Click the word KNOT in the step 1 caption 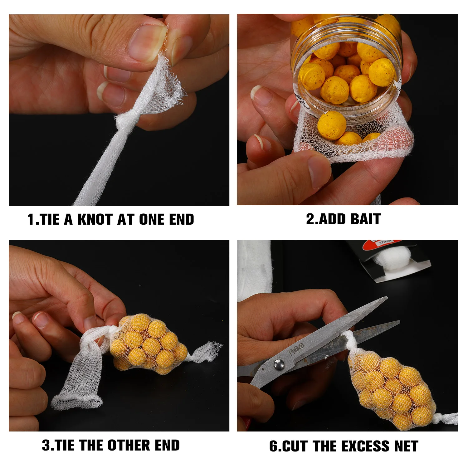[x=95, y=219]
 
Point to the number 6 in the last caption [x=273, y=446]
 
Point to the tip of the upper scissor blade [x=387, y=298]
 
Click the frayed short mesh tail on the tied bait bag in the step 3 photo [x=205, y=352]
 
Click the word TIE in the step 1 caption [x=50, y=219]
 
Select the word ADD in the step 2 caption [x=332, y=219]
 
